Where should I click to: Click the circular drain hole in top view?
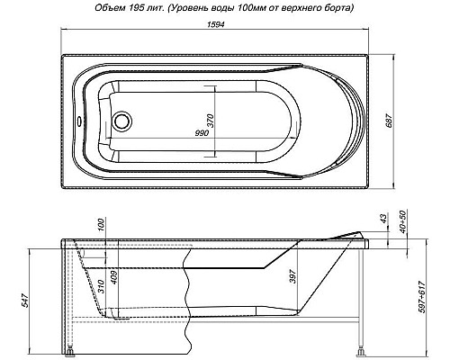pos(123,120)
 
